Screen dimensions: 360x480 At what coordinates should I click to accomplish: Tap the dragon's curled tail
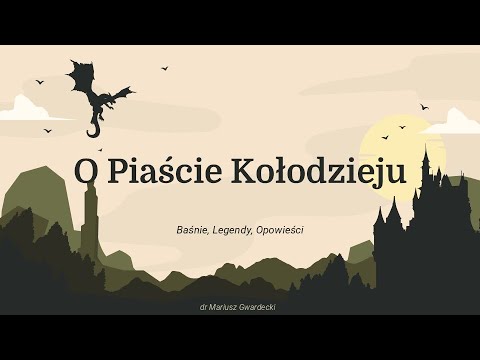pyautogui.click(x=94, y=129)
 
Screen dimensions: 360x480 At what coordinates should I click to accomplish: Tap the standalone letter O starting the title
pyautogui.click(x=86, y=172)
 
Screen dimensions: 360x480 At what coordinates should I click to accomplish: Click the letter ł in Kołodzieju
pyautogui.click(x=282, y=172)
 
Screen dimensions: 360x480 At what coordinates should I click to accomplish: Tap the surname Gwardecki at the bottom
pyautogui.click(x=254, y=307)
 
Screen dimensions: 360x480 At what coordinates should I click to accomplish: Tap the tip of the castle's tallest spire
pyautogui.click(x=426, y=148)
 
